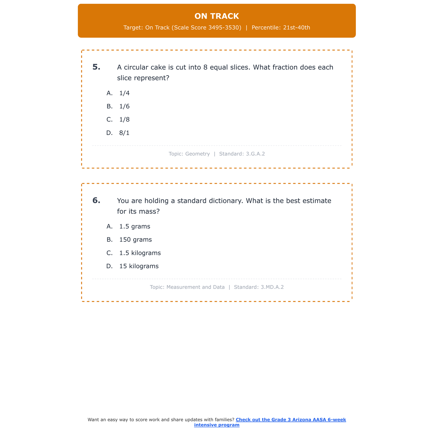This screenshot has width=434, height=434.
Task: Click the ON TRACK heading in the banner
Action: (x=217, y=16)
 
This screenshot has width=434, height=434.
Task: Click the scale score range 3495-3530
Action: (x=225, y=28)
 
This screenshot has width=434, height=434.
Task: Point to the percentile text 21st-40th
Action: (x=297, y=28)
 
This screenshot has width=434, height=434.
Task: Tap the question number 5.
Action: (x=96, y=67)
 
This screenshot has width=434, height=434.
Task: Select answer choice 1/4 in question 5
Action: (x=124, y=93)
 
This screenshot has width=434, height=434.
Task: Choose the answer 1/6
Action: (x=124, y=106)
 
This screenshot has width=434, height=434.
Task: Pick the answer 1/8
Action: (x=124, y=119)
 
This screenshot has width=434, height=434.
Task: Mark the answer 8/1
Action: (x=124, y=133)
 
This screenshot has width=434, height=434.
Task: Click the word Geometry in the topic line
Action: (x=197, y=154)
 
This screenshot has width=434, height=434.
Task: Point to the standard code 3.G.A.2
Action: (x=255, y=154)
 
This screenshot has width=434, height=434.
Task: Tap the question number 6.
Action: (x=96, y=201)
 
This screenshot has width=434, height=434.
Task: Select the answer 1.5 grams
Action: (x=135, y=227)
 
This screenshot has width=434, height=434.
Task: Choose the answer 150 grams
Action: (x=135, y=240)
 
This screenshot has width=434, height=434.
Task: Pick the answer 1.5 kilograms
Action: (x=140, y=253)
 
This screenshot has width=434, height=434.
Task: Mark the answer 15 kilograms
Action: (x=139, y=266)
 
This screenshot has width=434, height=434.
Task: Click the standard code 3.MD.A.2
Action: (x=272, y=287)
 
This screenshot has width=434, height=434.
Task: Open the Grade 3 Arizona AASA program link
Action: (x=290, y=420)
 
